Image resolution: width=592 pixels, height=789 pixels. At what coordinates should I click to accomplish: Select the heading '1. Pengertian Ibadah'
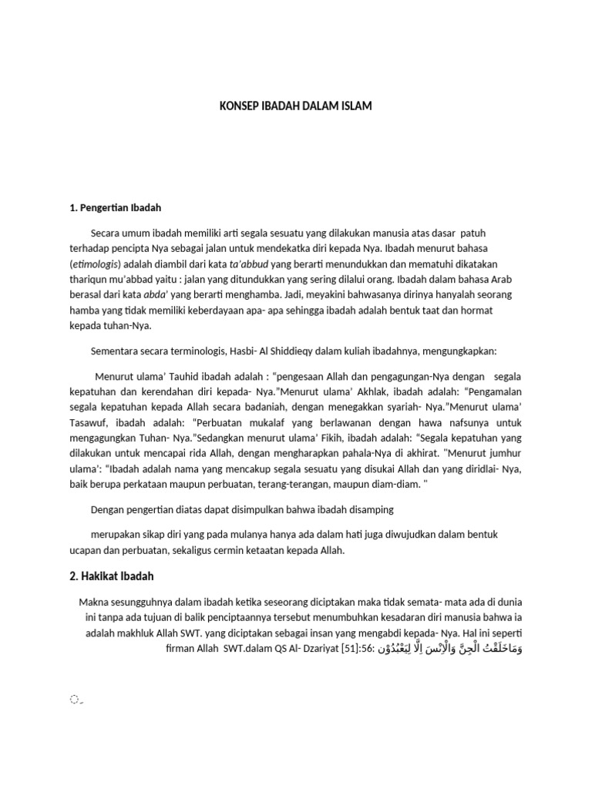pos(116,208)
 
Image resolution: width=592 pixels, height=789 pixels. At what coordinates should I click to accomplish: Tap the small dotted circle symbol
pos(74,678)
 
